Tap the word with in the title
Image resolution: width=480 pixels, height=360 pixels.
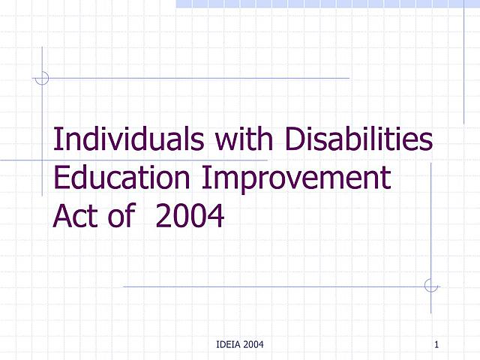click(241, 141)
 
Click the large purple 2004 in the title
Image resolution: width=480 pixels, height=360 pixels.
click(190, 217)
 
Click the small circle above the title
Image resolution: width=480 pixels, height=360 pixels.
click(42, 77)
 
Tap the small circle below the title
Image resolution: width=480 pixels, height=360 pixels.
click(430, 286)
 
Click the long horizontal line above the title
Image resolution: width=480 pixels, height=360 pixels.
click(195, 77)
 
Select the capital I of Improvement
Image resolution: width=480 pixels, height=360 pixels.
click(207, 178)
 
